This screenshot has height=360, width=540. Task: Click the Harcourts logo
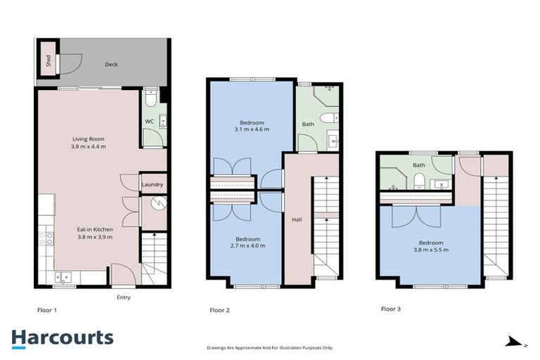(62, 337)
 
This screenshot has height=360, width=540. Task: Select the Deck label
(111, 64)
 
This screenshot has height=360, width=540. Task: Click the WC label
(149, 121)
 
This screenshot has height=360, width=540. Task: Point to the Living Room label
(88, 139)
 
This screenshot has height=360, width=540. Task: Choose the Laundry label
(153, 185)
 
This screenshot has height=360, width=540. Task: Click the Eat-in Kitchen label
(95, 229)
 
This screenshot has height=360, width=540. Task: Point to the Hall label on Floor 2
(297, 220)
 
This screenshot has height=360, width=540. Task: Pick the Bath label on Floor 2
(308, 124)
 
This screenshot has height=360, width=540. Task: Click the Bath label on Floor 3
(419, 165)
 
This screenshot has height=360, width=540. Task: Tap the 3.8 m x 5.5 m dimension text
(429, 250)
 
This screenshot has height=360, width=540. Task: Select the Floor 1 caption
(47, 309)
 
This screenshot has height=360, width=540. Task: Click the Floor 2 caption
(220, 309)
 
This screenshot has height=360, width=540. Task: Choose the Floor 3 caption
(391, 309)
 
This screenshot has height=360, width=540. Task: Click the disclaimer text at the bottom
(270, 347)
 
